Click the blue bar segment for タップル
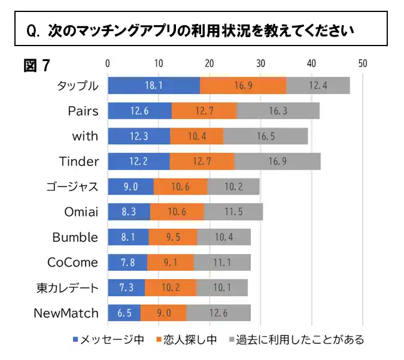pos(154,85)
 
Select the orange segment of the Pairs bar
pos(204,110)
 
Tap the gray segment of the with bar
pos(265,136)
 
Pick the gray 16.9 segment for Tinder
pos(277,161)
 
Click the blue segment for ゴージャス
pos(130,186)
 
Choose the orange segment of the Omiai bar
pos(177,211)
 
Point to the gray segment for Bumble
pos(224,237)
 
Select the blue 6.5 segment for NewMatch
pos(124,313)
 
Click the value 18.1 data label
pos(154,85)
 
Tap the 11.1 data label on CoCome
pos(223,262)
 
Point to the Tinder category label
pos(78,161)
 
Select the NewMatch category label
pos(65,313)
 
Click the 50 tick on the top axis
pos(362,63)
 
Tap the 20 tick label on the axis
pos(209,63)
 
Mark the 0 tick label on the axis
pos(108,63)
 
